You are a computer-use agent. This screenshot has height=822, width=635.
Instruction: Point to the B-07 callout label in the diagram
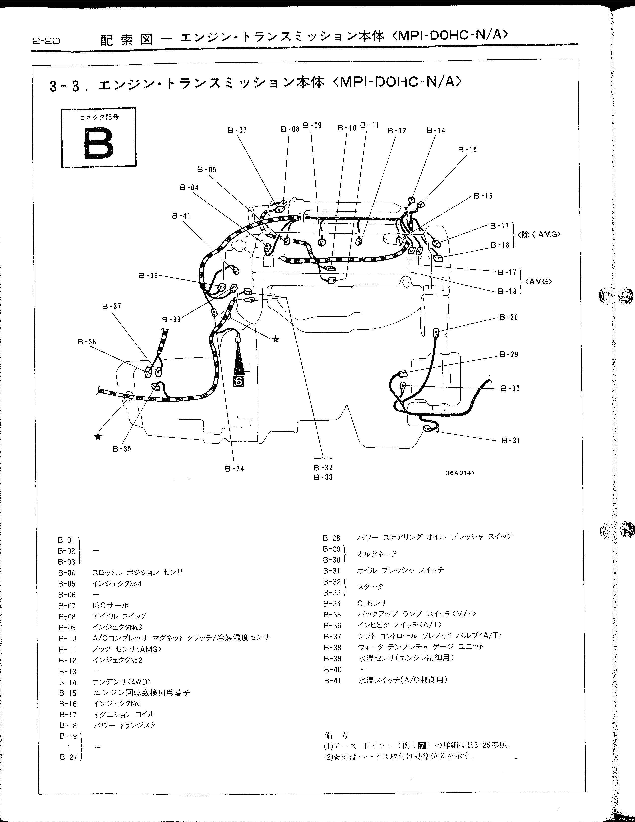tap(237, 130)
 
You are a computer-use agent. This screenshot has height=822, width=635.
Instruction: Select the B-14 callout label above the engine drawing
tap(436, 130)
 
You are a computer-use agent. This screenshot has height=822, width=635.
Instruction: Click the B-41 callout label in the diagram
tap(181, 216)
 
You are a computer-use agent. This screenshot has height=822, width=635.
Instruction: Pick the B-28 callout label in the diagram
tap(508, 317)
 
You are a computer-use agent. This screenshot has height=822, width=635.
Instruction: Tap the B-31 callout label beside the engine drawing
tap(511, 440)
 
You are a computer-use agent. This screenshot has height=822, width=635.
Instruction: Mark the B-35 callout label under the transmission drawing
tap(122, 449)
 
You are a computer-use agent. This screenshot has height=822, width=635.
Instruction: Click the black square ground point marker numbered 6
tap(239, 381)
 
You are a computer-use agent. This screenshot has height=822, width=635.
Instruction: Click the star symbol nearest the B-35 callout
tap(98, 437)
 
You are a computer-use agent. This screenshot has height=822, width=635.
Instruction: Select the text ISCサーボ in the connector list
tap(110, 605)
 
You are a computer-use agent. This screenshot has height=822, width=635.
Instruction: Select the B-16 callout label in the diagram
tap(483, 196)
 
